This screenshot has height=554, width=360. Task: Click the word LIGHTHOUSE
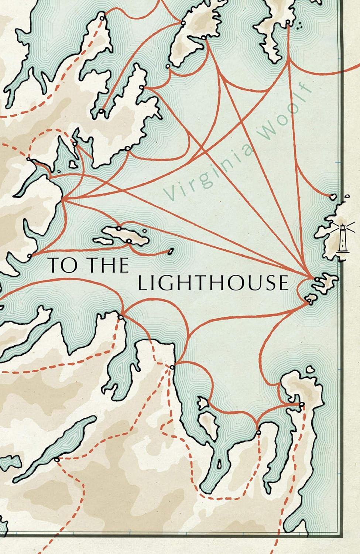click(213, 283)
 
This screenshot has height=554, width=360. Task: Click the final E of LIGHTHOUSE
click(282, 283)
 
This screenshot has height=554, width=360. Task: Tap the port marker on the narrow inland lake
click(56, 459)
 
